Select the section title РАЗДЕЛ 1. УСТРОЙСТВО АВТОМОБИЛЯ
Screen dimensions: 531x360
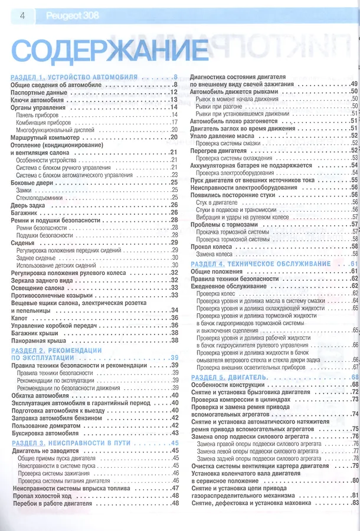(74, 77)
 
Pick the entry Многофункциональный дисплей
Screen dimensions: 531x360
(55, 129)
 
